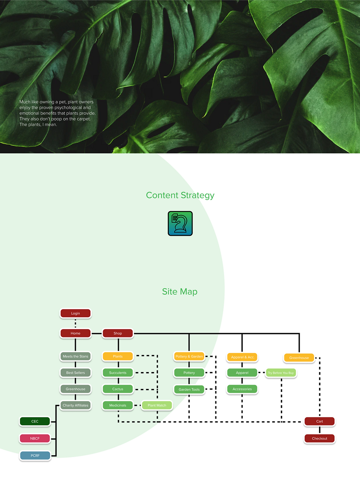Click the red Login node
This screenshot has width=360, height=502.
75,313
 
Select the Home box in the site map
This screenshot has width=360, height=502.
75,333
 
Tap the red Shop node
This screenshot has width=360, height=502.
118,333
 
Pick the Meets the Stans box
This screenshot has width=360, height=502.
75,356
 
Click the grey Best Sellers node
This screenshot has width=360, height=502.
75,372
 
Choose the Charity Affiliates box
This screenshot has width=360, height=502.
75,405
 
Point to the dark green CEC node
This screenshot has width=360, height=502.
35,421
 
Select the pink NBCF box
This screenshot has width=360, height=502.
35,438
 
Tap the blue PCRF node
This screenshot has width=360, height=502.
35,455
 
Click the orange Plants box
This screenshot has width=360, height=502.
118,356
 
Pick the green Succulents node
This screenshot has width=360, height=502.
118,372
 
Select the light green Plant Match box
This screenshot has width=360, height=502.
157,405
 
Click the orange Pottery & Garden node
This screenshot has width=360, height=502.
189,356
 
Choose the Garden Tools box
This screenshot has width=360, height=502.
189,389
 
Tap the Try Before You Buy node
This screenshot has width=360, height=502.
281,373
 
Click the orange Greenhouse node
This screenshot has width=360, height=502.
299,358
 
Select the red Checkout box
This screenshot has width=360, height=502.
320,438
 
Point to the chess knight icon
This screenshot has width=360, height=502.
180,223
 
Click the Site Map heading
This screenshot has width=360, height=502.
180,291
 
